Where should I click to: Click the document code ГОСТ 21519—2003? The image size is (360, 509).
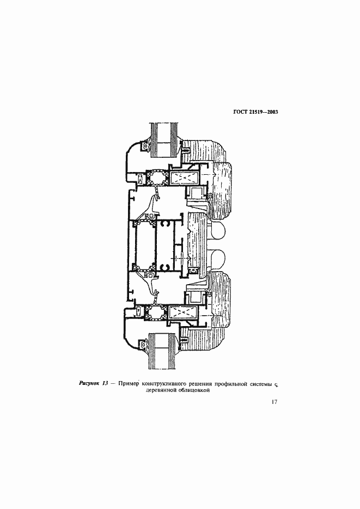(x=255, y=112)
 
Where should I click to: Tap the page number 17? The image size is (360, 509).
(x=274, y=402)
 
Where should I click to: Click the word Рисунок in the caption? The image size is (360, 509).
(x=89, y=384)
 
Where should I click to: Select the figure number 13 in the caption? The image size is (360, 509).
(x=105, y=384)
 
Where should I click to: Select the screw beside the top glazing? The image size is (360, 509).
(x=186, y=151)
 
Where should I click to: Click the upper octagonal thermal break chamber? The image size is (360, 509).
(x=157, y=178)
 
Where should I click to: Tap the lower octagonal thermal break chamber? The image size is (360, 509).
(x=157, y=313)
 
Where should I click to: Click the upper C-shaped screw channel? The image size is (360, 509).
(x=166, y=224)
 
